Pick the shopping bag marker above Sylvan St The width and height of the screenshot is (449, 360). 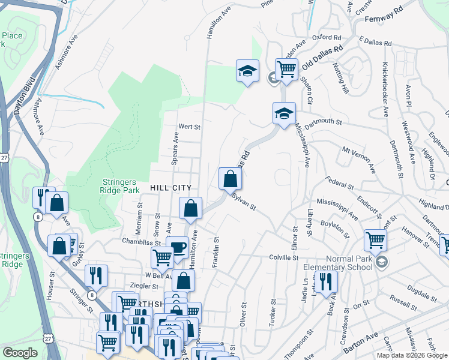(230, 178)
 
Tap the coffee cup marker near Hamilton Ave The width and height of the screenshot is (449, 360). (178, 248)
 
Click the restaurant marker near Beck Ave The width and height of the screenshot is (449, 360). (326, 281)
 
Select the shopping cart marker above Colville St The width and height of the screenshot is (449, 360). (375, 240)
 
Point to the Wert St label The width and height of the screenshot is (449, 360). (188, 127)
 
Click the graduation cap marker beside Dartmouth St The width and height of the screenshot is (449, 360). (285, 112)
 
